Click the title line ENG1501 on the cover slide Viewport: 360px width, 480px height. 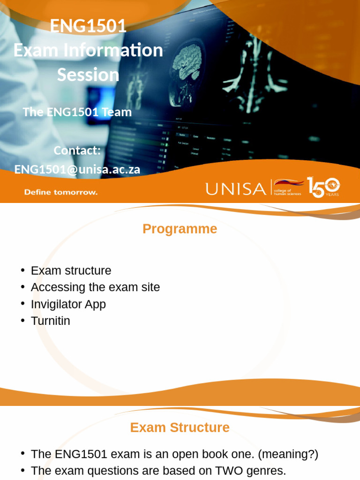[x=88, y=26]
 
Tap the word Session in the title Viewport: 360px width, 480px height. [x=88, y=75]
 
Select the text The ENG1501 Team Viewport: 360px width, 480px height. [x=77, y=112]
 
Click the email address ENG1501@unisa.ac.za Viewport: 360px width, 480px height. [x=77, y=169]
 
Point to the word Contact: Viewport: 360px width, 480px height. [x=77, y=150]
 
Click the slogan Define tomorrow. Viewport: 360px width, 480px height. [x=61, y=192]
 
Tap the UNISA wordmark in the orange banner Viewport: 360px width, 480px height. [x=235, y=188]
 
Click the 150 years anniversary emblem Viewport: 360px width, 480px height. [x=323, y=187]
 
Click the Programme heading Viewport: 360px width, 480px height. [x=180, y=229]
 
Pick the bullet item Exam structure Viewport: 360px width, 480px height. [x=71, y=270]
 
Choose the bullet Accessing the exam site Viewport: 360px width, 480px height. [x=95, y=287]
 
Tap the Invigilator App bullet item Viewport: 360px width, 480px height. [x=68, y=304]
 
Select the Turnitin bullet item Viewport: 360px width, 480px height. [x=50, y=321]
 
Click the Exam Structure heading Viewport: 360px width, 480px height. [x=180, y=427]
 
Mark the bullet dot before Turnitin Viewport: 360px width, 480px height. [x=22, y=321]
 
